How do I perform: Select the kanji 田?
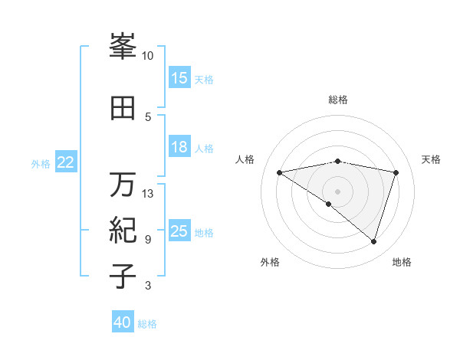tap(123, 108)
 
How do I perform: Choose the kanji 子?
tap(123, 277)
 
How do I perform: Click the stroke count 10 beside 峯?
tap(148, 55)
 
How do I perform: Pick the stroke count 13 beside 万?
tap(148, 193)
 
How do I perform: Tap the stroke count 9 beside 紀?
tap(148, 240)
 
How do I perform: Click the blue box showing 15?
tap(179, 78)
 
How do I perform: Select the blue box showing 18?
tap(179, 147)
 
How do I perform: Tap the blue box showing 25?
tap(179, 231)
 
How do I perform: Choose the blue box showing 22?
tap(66, 162)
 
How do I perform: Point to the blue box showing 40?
tap(123, 322)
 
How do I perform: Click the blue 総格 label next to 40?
tap(148, 324)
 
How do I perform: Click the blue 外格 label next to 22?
tap(41, 163)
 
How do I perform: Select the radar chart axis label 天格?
tap(431, 159)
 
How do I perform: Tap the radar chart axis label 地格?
tap(402, 262)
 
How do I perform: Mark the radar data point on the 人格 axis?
tap(279, 172)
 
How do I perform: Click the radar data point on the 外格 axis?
tap(329, 204)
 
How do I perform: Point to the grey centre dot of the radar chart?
tap(337, 190)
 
